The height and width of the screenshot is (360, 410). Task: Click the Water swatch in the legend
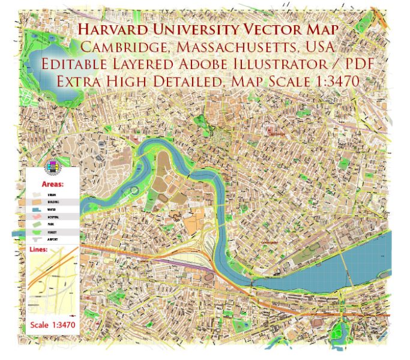click(38, 210)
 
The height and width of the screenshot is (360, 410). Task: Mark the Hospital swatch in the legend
click(38, 217)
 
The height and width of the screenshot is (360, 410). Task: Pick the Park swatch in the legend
click(38, 224)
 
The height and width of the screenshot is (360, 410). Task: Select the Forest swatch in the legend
click(38, 232)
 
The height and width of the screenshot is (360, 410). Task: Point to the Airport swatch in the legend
click(38, 239)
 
